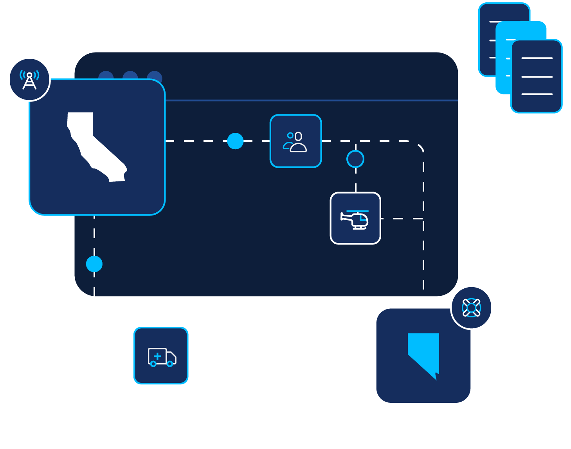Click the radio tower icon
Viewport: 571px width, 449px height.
29,80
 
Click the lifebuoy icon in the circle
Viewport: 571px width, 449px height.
471,308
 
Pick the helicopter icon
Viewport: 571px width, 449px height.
355,219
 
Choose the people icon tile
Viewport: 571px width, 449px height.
295,141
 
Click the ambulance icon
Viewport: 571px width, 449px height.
161,357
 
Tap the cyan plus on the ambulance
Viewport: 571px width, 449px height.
157,356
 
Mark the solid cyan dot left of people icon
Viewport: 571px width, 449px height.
235,141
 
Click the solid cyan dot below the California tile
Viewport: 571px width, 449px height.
94,264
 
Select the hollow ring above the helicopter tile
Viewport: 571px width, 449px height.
355,159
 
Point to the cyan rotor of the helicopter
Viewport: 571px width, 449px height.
357,211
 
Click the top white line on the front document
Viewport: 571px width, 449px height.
537,58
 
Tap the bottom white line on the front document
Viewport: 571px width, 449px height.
537,94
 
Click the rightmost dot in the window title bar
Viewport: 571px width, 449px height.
155,75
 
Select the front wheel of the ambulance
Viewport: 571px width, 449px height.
170,364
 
